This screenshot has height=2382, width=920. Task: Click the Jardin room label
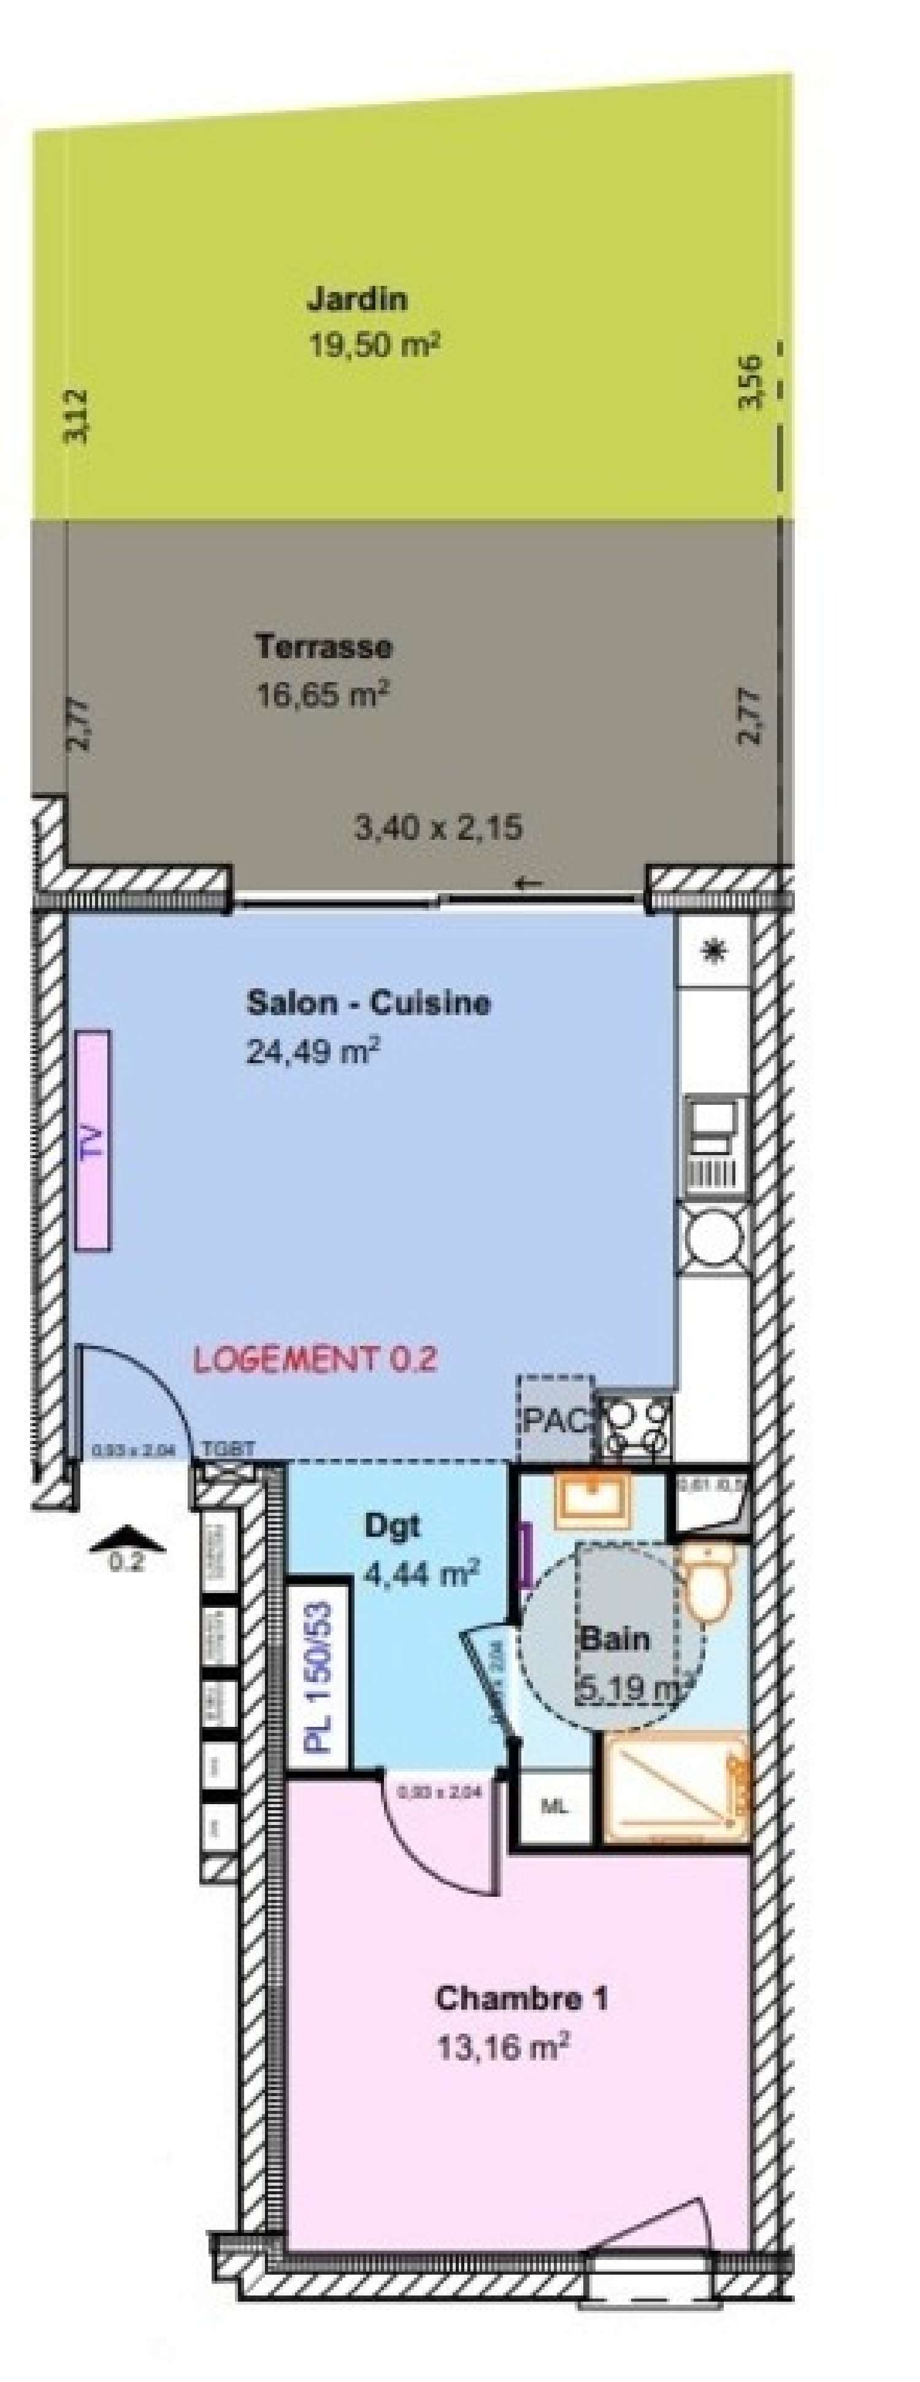tap(357, 299)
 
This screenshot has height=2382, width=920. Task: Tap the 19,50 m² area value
tap(372, 346)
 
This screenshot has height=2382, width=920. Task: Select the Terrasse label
tap(324, 647)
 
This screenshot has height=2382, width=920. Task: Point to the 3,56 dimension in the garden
tap(750, 380)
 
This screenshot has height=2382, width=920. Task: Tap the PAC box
tap(554, 1420)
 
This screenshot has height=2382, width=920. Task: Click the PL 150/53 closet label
tap(319, 1664)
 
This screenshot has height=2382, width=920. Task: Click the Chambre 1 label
tap(521, 1997)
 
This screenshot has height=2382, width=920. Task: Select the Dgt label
tap(392, 1525)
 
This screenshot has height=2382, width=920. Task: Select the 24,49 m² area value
tap(313, 1051)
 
